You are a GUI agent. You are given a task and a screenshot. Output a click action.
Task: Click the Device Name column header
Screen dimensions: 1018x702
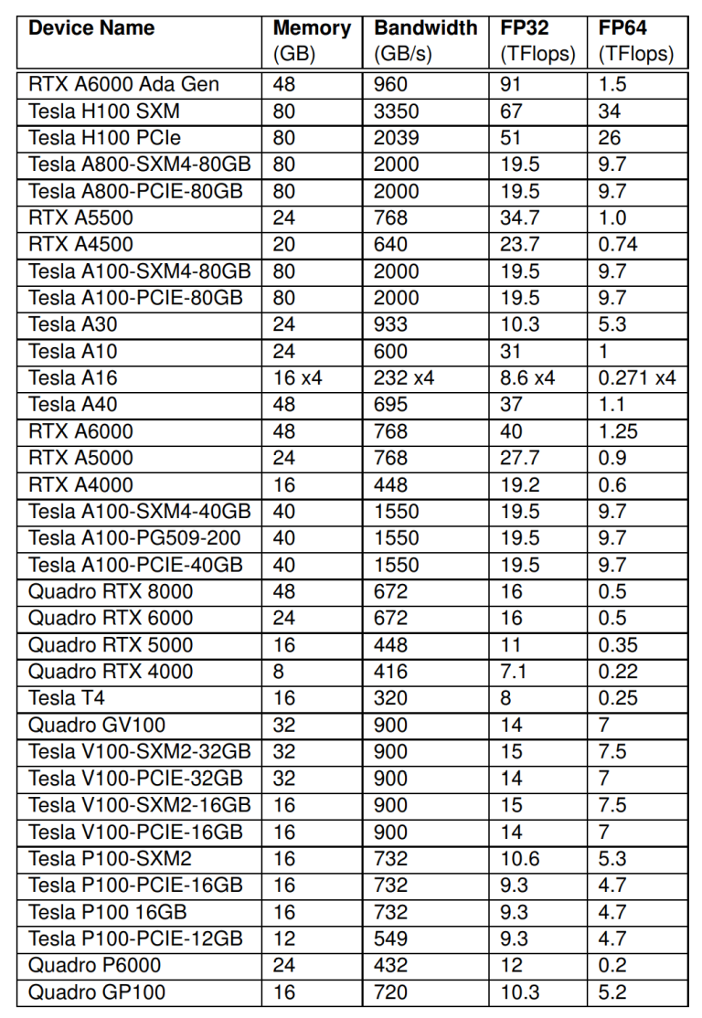[x=91, y=28]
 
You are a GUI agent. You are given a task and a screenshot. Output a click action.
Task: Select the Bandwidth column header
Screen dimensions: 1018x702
[x=425, y=28]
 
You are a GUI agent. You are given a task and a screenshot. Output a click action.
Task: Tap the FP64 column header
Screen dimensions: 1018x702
[x=622, y=28]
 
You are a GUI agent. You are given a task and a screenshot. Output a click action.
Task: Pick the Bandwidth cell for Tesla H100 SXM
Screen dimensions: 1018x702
[x=397, y=111]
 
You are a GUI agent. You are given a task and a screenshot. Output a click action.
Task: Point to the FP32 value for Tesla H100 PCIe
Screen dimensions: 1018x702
[x=512, y=138]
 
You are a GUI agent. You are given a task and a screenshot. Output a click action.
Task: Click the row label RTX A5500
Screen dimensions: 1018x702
[x=80, y=217]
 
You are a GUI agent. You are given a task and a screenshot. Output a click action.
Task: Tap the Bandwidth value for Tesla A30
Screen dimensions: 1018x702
[x=391, y=324]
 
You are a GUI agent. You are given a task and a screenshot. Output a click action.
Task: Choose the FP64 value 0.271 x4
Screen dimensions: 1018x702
[x=637, y=377]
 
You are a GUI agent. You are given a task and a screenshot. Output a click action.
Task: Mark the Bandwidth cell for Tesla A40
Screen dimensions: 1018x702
[x=391, y=404]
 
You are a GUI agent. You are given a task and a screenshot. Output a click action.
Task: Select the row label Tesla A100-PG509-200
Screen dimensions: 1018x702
[x=134, y=538]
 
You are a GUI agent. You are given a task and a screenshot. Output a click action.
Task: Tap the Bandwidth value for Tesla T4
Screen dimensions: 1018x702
[x=391, y=698]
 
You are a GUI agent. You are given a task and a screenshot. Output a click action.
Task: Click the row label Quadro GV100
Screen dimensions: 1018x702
[x=97, y=726]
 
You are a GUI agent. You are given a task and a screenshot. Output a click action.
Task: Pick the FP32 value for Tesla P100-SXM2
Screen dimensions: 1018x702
[x=520, y=859]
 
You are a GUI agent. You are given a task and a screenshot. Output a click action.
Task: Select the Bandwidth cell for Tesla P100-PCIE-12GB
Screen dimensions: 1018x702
[x=391, y=938]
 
